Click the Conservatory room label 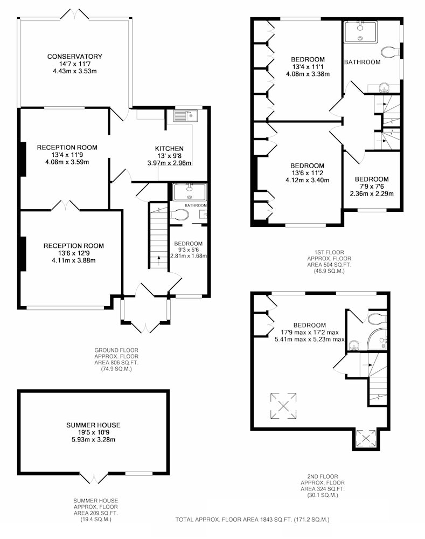[74, 57]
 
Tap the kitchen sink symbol [185, 116]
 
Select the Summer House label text [93, 425]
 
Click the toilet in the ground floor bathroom [180, 215]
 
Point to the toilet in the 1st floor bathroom [391, 52]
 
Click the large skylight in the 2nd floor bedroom [283, 406]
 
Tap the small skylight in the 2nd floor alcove [366, 438]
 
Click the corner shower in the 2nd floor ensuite [377, 339]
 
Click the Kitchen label [169, 149]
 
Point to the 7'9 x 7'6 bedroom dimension [372, 186]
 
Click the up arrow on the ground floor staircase [159, 260]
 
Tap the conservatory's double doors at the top [74, 15]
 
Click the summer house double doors [94, 478]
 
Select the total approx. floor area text [252, 520]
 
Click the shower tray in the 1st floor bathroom [360, 32]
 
